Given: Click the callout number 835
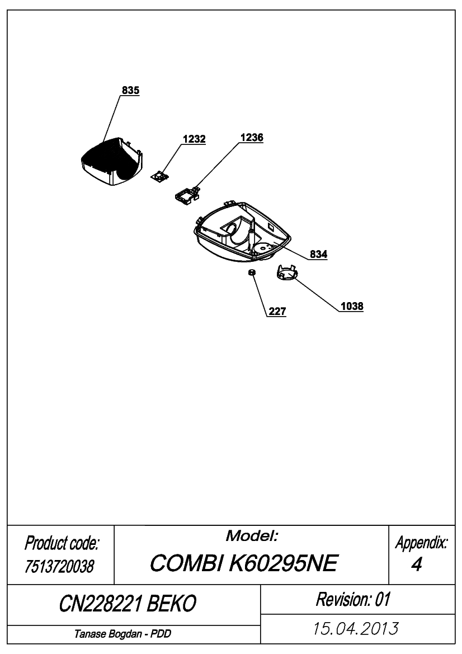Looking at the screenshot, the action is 130,90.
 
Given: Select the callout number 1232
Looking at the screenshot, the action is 194,139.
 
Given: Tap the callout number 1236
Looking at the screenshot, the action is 252,137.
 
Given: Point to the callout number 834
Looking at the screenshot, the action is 319,254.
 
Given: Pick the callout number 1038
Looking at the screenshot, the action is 352,306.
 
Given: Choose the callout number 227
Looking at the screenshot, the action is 277,311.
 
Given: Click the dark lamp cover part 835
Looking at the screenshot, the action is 111,162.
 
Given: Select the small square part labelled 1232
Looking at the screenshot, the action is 160,177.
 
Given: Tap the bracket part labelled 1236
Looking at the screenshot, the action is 187,195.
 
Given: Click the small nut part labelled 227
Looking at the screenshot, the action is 252,272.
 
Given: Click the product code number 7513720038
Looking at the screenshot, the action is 59,566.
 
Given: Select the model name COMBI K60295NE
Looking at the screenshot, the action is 243,563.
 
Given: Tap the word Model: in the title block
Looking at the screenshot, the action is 252,535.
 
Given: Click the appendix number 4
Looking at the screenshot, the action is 417,564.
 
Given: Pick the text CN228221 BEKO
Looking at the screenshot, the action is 128,603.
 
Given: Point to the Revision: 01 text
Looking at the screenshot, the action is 353,599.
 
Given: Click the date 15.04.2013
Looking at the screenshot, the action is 356,628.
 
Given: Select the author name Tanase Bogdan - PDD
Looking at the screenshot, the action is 122,634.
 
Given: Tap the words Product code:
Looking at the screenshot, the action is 62,543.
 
